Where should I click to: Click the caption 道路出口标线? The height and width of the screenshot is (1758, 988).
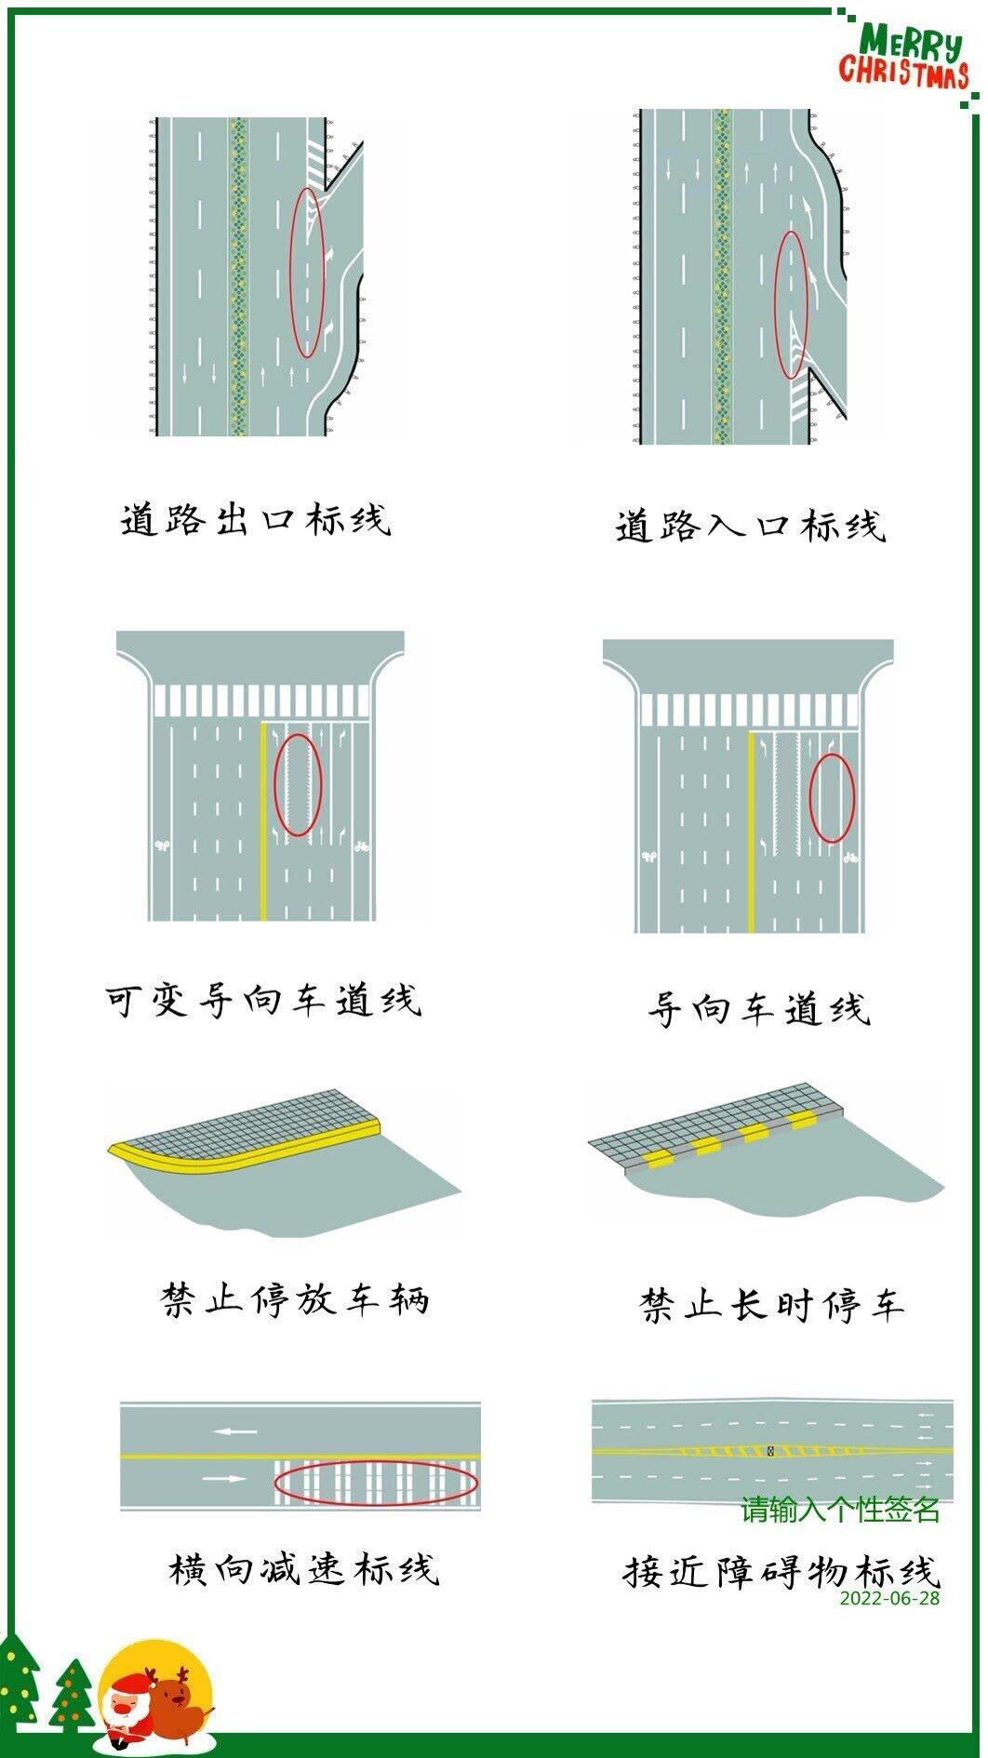tap(256, 519)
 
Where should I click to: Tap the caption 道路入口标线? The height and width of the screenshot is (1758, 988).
tap(750, 526)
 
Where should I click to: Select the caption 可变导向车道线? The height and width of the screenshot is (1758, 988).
tap(263, 1000)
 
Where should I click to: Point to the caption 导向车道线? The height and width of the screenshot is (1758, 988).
tap(758, 1008)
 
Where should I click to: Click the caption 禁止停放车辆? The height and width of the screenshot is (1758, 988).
tap(295, 1299)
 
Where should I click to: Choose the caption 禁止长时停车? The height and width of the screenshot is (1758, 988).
tap(771, 1304)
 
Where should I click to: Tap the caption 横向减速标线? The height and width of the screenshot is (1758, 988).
tap(303, 1569)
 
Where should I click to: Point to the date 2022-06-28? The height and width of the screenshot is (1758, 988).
tap(889, 1598)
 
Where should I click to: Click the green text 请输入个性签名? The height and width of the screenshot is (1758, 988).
tap(840, 1509)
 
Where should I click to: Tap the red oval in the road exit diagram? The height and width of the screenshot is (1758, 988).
tap(309, 272)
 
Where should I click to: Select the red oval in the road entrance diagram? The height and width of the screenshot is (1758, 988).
tap(792, 305)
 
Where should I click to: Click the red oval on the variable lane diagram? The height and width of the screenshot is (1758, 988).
tap(298, 783)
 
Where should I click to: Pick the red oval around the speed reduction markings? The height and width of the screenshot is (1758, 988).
tap(377, 1482)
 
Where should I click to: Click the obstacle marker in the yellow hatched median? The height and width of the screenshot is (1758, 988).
tap(770, 1450)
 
